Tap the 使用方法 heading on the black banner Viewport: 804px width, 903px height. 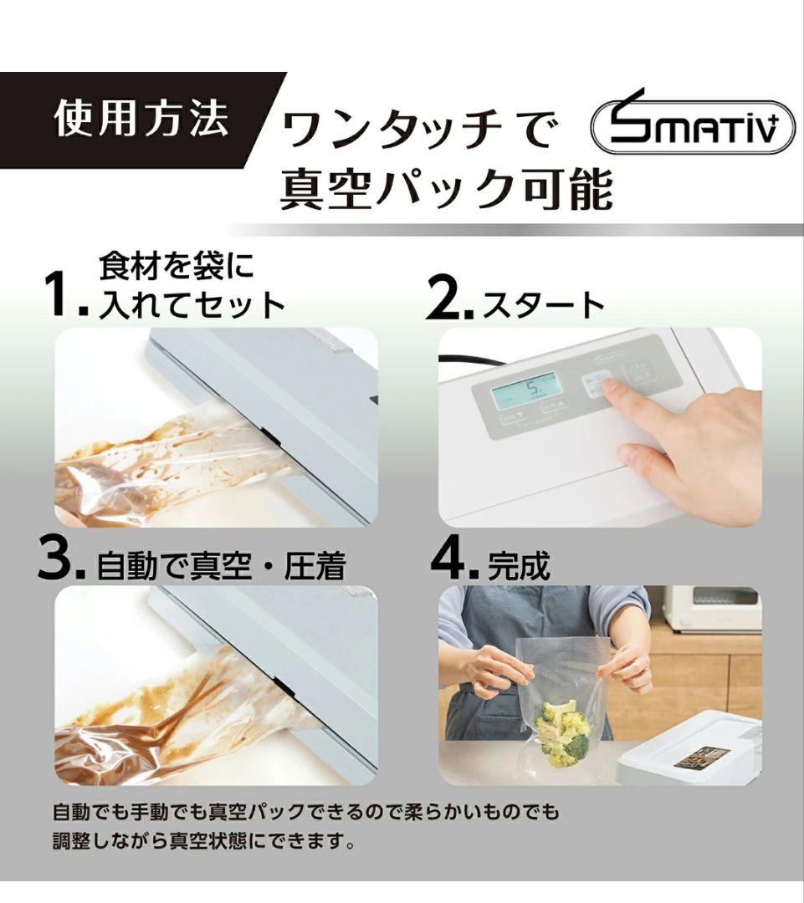click(x=141, y=120)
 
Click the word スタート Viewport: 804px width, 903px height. click(x=543, y=305)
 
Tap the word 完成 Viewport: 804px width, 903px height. click(x=519, y=565)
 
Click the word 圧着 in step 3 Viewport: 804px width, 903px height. click(x=315, y=565)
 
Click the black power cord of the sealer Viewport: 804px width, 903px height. click(x=469, y=361)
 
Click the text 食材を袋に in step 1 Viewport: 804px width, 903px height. click(x=176, y=266)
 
